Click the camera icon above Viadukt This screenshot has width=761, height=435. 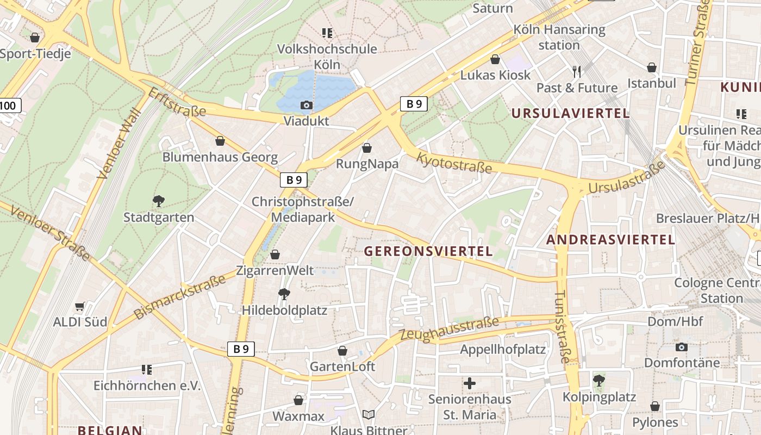click(307, 105)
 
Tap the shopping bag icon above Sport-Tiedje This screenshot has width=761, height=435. click(35, 38)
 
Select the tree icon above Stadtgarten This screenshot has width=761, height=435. click(158, 201)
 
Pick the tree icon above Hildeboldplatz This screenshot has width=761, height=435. click(284, 294)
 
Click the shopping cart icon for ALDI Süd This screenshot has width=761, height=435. click(80, 307)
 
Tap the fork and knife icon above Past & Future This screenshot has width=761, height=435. click(577, 71)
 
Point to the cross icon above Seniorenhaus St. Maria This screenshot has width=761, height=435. click(470, 383)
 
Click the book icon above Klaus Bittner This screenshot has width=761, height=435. click(369, 415)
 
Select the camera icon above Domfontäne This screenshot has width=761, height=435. click(681, 347)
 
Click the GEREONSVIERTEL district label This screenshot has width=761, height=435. click(428, 251)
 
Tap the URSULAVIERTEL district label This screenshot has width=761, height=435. click(570, 114)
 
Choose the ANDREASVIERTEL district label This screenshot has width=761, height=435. click(610, 240)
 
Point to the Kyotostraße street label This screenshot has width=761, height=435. click(454, 163)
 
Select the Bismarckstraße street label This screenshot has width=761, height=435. click(179, 297)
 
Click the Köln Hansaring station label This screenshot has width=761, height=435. click(559, 37)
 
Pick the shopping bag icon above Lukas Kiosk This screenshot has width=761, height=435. click(495, 59)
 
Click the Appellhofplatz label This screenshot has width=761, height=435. click(503, 349)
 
